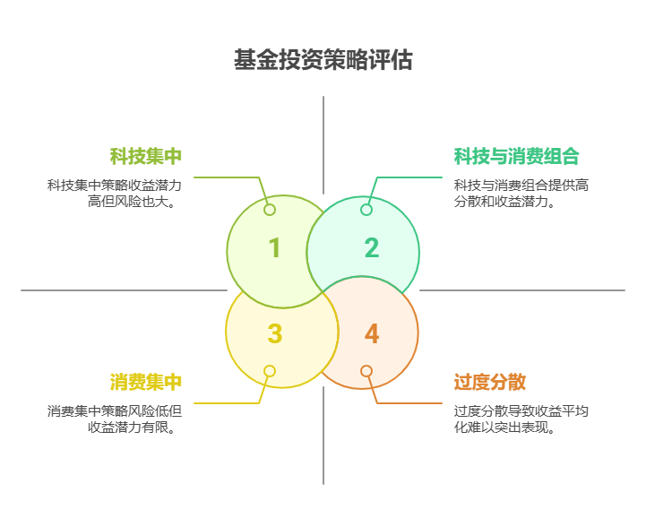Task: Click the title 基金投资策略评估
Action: point(323,60)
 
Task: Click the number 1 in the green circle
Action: point(274,248)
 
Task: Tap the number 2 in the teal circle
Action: point(371,248)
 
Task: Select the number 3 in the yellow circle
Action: point(274,334)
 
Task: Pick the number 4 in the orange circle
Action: point(371,334)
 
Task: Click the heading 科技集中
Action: point(146,157)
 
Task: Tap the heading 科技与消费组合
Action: point(517,157)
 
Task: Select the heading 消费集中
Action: point(146,383)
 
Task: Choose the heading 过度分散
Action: point(489,383)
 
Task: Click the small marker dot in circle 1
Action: point(270,210)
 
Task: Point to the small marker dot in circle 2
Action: point(366,210)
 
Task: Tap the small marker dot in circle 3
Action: point(270,371)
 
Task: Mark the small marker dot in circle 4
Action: point(366,371)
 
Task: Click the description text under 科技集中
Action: point(115,194)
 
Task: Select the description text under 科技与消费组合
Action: point(521,194)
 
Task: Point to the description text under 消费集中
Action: point(115,419)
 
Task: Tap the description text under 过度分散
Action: point(521,419)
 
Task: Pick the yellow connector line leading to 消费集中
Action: point(224,403)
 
